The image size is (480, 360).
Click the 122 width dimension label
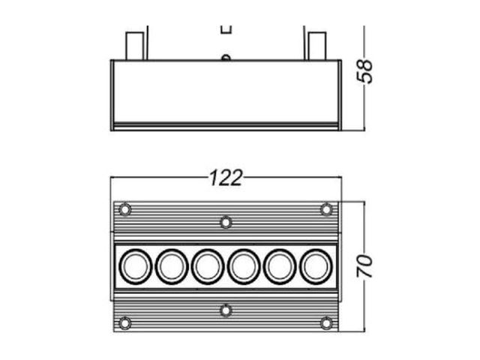[x=226, y=178]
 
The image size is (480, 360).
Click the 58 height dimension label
[x=365, y=71]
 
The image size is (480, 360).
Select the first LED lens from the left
[x=135, y=266]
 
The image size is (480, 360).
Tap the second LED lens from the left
[x=172, y=266]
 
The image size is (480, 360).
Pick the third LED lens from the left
[x=208, y=266]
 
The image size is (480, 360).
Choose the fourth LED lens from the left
[x=244, y=266]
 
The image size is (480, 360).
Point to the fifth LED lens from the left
[x=280, y=266]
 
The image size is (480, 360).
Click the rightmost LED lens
[x=316, y=266]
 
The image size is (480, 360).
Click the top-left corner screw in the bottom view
[x=125, y=210]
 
